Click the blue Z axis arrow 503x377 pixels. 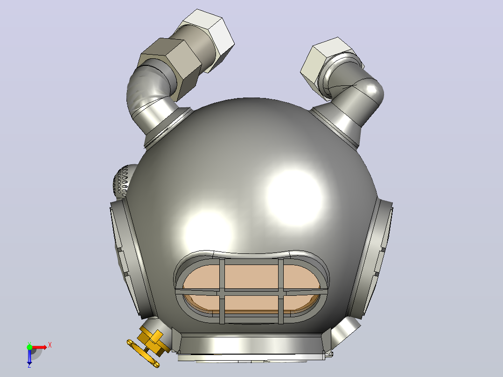tap(29, 356)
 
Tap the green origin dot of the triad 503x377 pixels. tap(29, 347)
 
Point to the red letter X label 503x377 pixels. tap(50, 345)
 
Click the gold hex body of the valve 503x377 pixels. tap(151, 340)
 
